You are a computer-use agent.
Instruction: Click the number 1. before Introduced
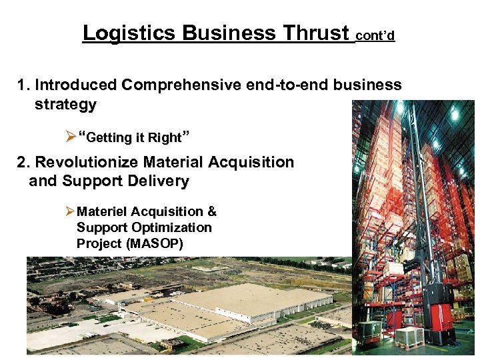[25, 85]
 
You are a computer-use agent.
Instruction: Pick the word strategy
[65, 105]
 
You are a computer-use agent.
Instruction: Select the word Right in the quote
[165, 138]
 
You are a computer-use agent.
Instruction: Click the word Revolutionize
[87, 162]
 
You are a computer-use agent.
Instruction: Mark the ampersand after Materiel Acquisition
[211, 211]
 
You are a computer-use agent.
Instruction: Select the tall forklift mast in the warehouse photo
[414, 200]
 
